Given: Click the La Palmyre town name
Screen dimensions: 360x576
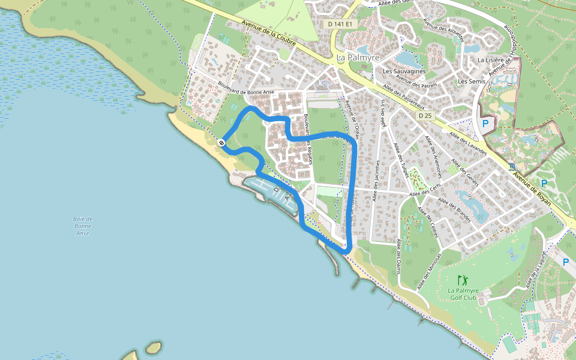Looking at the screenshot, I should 358,58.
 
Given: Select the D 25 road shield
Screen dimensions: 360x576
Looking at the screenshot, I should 425,115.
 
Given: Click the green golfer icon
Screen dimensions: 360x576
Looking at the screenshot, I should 462,280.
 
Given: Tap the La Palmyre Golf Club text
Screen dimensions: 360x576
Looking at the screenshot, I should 462,294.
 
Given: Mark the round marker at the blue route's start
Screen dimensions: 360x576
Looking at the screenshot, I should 221,142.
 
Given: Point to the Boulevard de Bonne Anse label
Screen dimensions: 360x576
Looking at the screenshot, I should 246,88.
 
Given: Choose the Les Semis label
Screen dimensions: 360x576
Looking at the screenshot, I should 471,81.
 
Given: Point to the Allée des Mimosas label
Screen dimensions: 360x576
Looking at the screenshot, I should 433,269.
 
